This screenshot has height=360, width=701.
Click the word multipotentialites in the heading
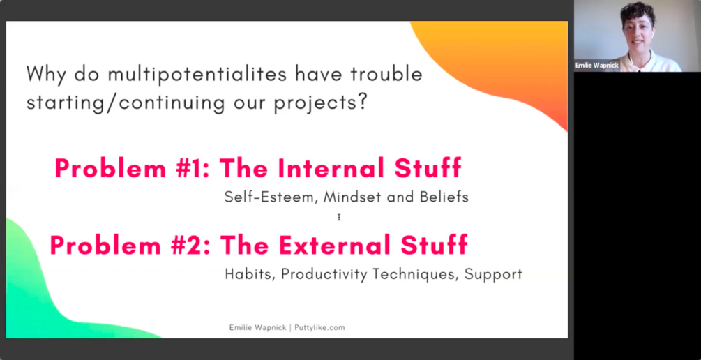click(197, 74)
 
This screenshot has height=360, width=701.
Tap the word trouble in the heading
click(386, 74)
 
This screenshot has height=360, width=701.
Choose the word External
click(334, 246)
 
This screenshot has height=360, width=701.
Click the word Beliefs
click(444, 197)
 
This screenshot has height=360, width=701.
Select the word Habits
click(250, 273)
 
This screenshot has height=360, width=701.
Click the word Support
click(493, 274)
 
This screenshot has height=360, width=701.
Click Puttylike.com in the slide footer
click(319, 327)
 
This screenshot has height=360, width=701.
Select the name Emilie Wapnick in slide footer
click(257, 327)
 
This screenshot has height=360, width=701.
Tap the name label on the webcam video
click(597, 66)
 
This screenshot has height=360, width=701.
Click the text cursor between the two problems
click(339, 218)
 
